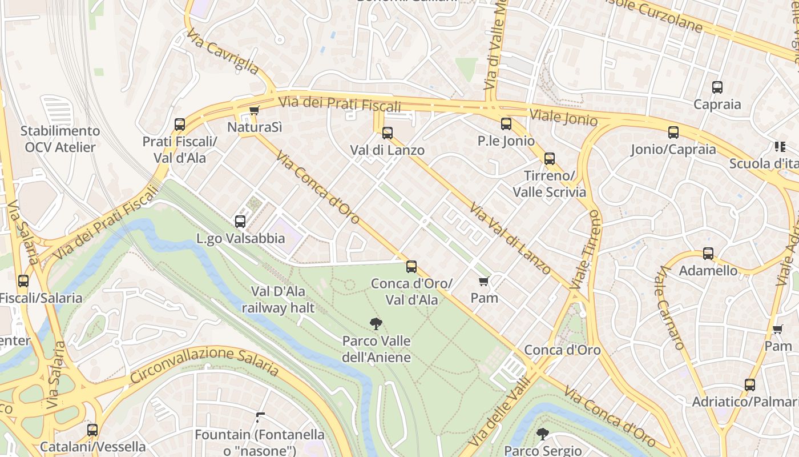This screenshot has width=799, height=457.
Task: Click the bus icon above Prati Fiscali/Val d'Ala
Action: pos(180,124)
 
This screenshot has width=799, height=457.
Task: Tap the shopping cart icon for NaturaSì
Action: pos(254,110)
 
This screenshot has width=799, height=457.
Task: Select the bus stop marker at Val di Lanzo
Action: pos(388,133)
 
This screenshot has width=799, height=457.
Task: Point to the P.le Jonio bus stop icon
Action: pos(506,124)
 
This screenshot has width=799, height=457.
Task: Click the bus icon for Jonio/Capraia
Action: pos(673,133)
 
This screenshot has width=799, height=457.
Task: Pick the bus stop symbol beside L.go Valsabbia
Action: pos(240,222)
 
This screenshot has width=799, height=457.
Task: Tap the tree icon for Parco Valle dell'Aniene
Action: pos(376,324)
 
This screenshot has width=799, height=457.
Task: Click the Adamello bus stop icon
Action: pos(708,254)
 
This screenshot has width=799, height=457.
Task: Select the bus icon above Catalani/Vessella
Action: pos(92,430)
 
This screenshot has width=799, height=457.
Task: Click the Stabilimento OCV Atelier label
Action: pos(60,139)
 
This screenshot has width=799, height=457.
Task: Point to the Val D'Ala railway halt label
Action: pos(278,300)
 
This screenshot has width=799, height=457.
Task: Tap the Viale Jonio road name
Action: pos(563,117)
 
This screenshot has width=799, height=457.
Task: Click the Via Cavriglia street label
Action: pos(223,51)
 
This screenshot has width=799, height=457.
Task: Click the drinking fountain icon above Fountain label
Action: pos(260,418)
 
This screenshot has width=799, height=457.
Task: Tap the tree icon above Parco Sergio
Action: pos(542,434)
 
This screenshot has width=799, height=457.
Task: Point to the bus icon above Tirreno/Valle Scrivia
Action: pos(549,158)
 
